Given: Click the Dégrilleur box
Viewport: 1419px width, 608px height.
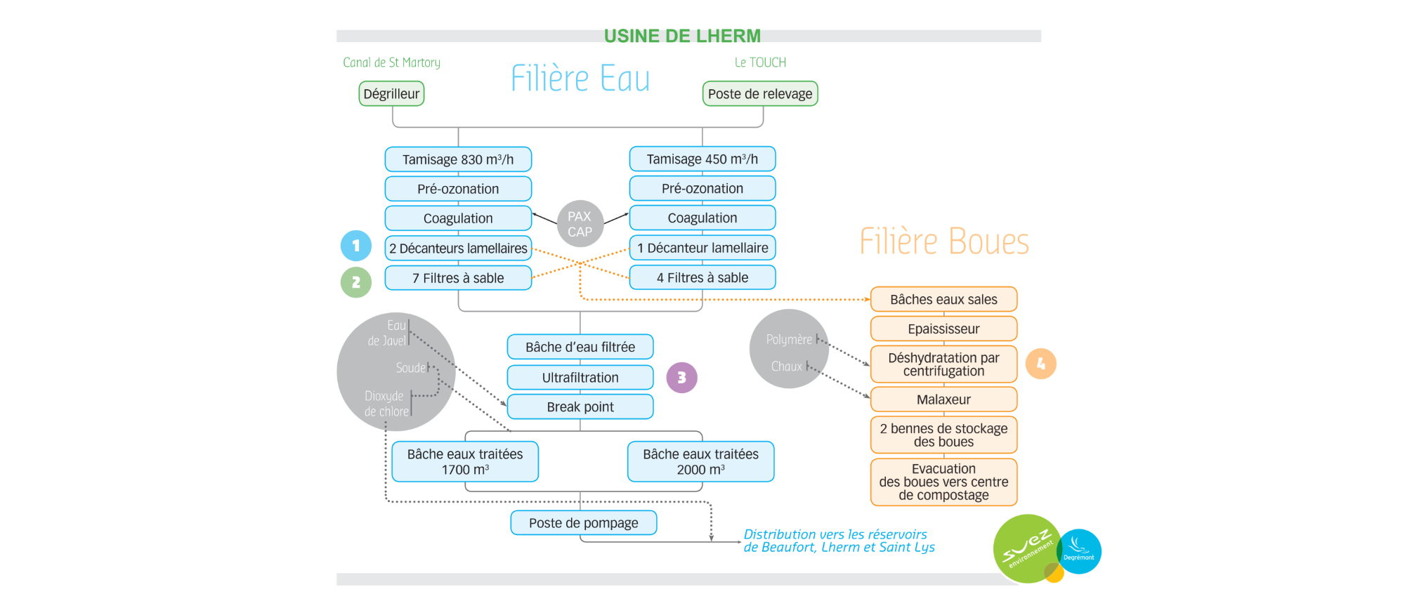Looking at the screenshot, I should pos(391,93).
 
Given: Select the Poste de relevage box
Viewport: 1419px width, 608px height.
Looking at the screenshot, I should pos(760,93).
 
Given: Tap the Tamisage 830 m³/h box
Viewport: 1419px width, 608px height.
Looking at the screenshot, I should pos(458,159).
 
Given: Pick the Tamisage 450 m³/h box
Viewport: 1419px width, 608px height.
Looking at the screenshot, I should pos(702,159).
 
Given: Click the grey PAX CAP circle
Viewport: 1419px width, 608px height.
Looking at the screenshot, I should pos(580,224).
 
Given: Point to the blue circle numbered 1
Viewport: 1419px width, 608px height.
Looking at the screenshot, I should pos(356,246).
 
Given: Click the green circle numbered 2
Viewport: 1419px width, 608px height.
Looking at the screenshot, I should pos(356,282).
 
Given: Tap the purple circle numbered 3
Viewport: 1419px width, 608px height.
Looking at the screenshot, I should pos(681,378).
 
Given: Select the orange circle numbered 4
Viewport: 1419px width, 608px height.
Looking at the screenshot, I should pos(1040,364).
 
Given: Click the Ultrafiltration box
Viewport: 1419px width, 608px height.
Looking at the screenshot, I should pos(580,378).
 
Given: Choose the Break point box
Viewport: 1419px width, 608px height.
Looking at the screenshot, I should pos(580,407).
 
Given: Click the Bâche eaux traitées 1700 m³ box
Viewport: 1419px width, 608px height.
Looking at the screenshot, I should pos(465,461).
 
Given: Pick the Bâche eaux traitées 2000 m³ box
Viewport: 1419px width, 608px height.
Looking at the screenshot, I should pos(700,461).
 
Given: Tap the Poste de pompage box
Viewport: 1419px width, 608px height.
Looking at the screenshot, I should pos(583,523).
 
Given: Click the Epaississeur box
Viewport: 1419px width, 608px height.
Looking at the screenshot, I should pos(943,329).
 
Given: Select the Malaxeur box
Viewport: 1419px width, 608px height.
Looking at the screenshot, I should pos(943,399).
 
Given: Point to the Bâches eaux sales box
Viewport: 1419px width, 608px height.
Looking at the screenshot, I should pos(943,299).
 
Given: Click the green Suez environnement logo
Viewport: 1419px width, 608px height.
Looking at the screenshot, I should pos(1026,548).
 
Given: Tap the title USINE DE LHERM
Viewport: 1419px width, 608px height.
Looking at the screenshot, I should pos(682,36).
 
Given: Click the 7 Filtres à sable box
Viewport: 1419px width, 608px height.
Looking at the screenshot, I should pos(458,278).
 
